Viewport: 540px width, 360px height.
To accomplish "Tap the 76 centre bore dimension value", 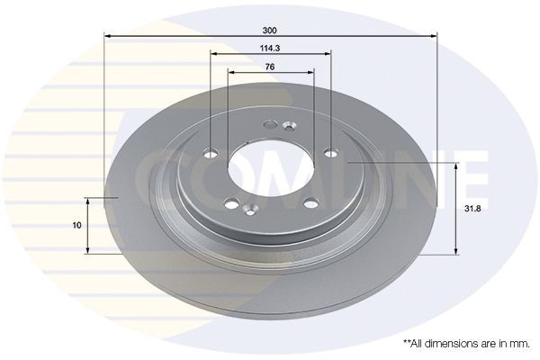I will (271, 66).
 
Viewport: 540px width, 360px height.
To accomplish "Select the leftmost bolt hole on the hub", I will (211, 152).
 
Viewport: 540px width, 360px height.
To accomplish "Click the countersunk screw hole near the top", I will (288, 125).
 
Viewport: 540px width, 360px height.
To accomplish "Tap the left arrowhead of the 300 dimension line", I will (108, 37).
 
